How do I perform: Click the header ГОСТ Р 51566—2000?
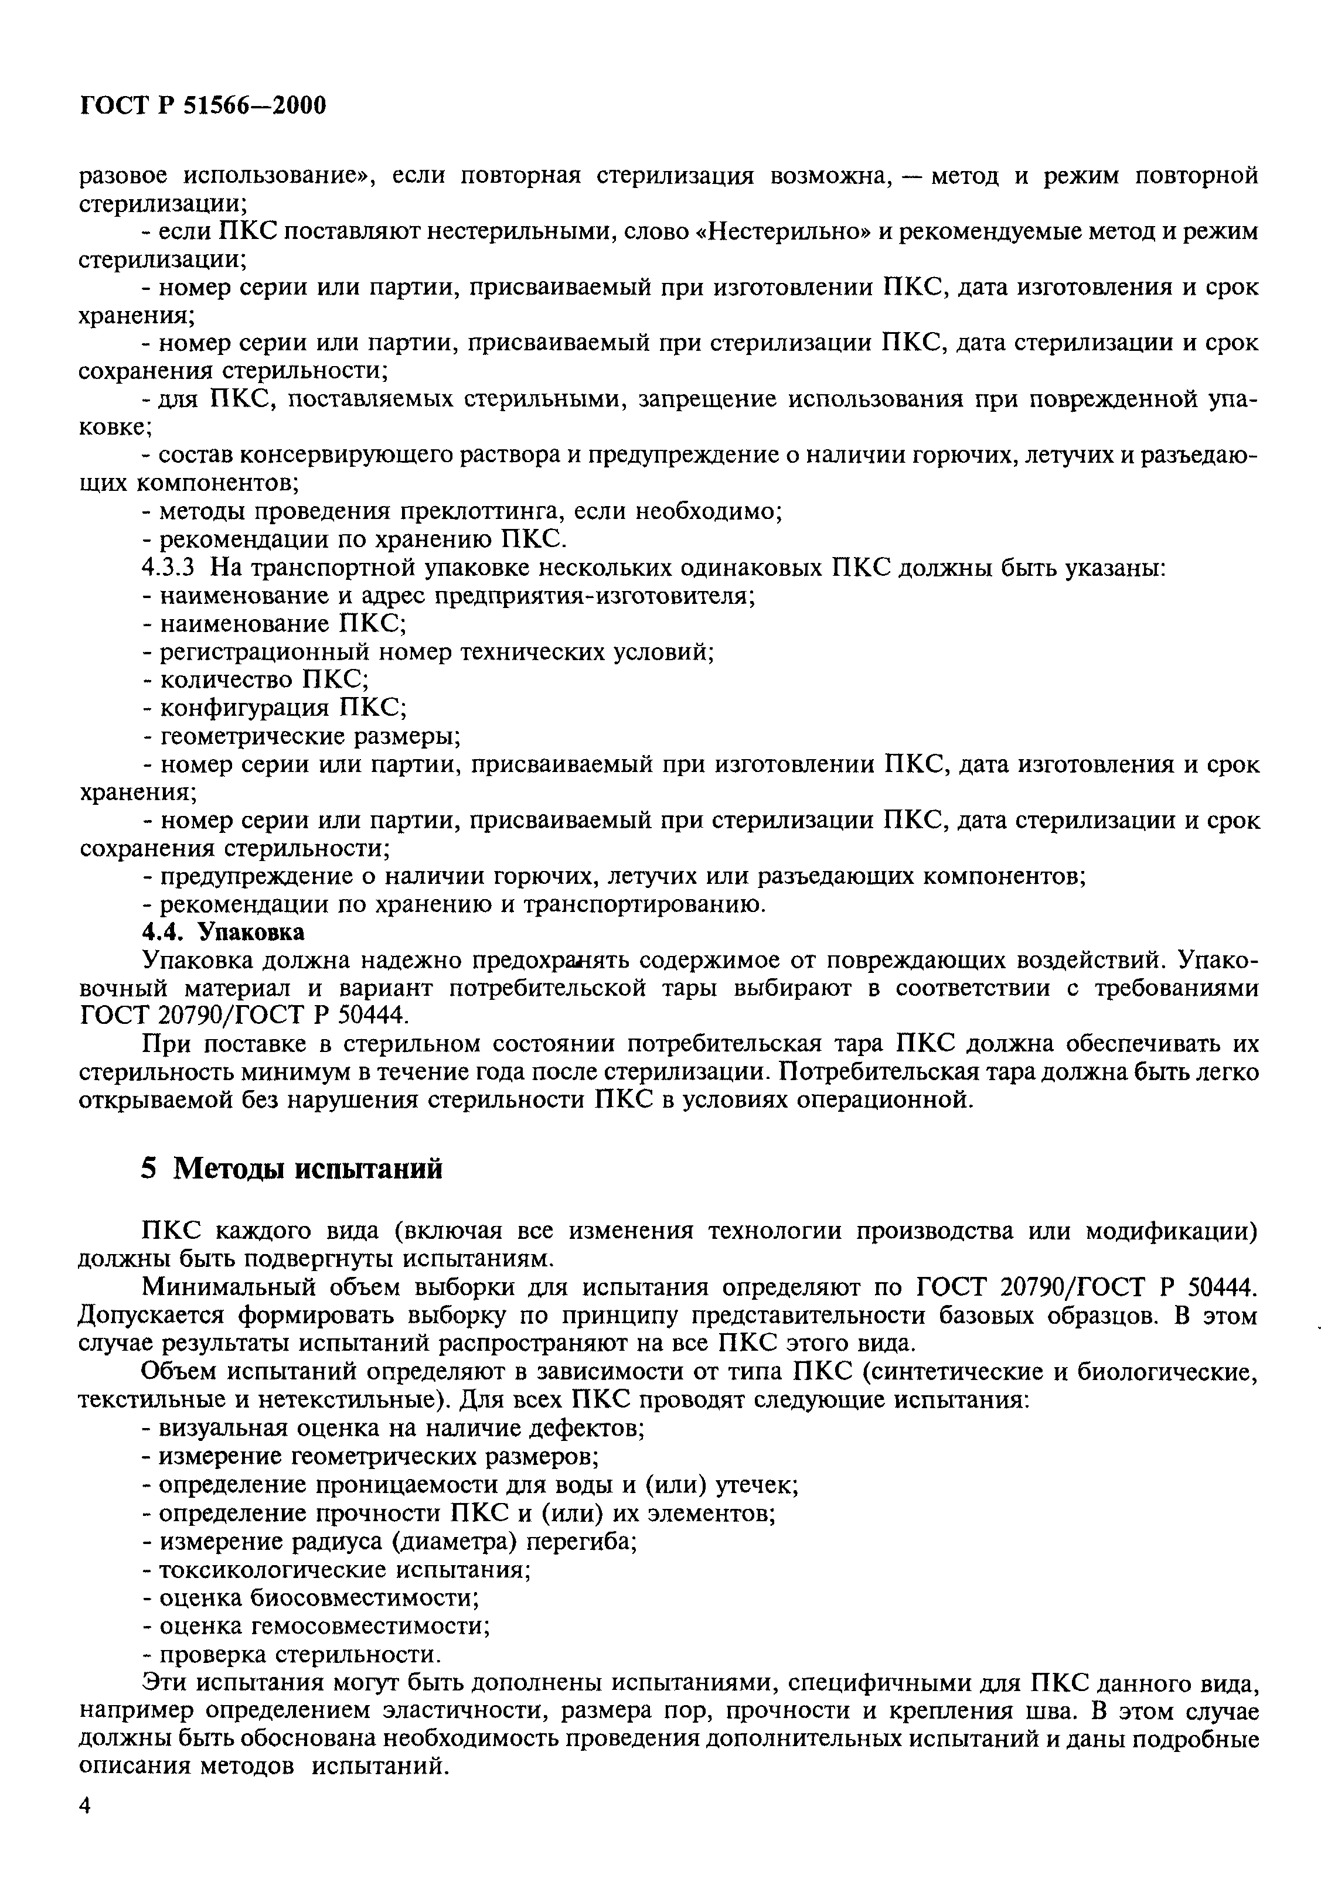tap(203, 106)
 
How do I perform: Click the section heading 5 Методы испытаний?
tap(291, 1167)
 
